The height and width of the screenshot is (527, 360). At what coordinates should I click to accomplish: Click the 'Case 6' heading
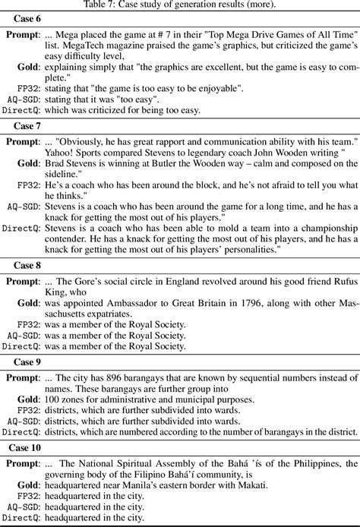pos(25,21)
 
